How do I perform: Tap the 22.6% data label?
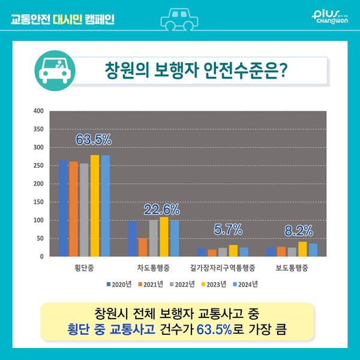[161, 209]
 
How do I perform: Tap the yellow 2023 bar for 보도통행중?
[302, 249]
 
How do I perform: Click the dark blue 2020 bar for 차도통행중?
[133, 238]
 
